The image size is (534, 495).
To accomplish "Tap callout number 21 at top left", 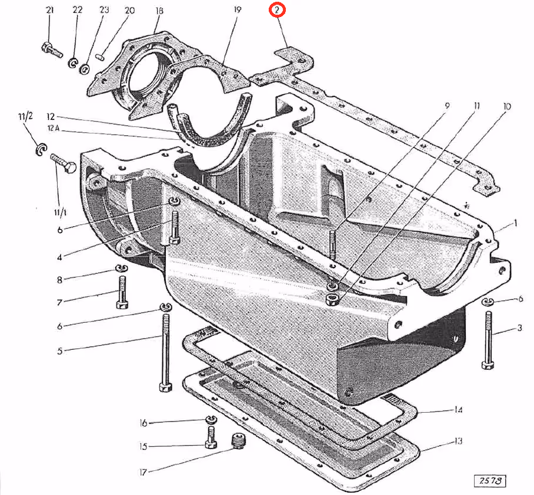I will [49, 11].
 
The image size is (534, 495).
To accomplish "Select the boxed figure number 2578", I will [491, 480].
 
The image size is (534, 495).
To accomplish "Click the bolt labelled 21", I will [52, 49].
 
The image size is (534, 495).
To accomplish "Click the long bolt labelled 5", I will [165, 353].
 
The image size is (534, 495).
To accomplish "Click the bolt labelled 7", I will [122, 292].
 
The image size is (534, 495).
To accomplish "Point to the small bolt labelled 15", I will [211, 437].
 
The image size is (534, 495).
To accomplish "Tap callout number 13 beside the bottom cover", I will [459, 442].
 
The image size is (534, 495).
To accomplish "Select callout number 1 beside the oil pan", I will [515, 223].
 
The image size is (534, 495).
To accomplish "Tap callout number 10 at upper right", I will [506, 106].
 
